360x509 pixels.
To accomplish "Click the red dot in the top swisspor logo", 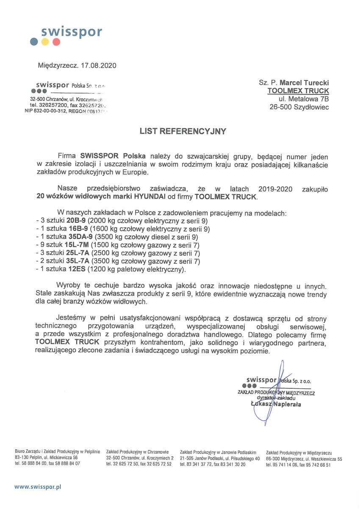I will point(56,42).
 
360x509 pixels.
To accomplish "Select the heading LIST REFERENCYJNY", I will point(183,131).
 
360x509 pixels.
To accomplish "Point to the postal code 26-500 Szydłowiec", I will point(299,107).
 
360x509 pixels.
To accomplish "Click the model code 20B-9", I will point(76,221).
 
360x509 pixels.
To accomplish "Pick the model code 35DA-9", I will point(80,237).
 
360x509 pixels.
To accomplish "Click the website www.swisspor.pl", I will point(38,487).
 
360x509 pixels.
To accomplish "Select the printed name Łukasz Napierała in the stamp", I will point(276,404).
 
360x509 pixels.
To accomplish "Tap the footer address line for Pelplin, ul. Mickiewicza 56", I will point(46,458).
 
